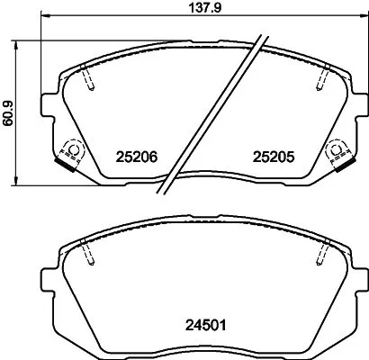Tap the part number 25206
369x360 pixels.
coord(138,157)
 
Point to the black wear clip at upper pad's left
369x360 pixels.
coord(67,165)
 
